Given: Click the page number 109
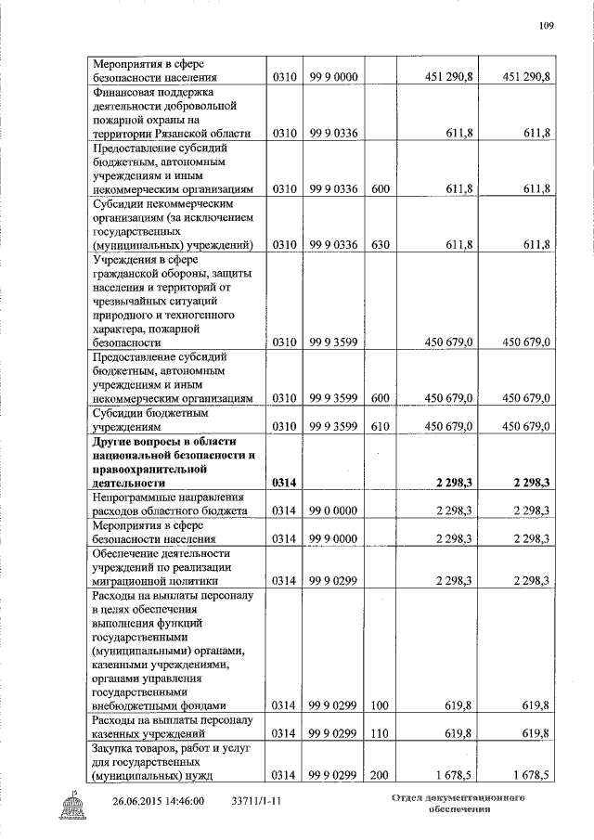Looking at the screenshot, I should click(545, 26).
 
